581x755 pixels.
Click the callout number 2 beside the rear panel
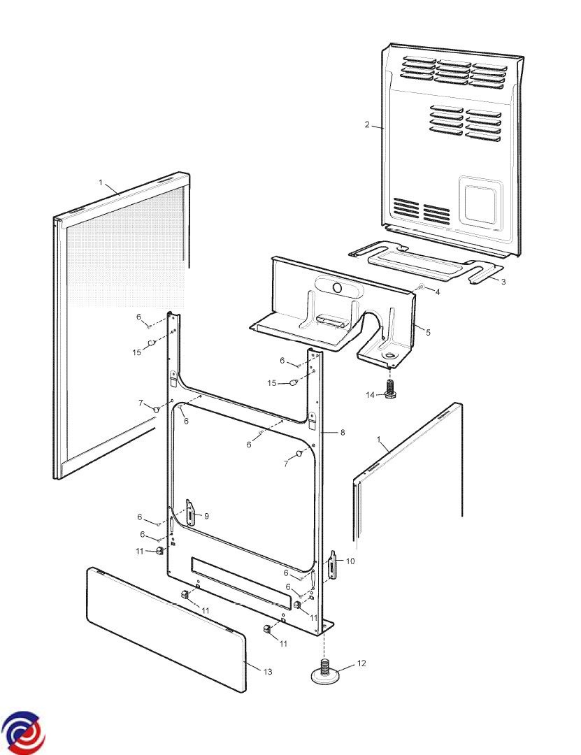[366, 124]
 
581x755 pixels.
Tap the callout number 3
[503, 282]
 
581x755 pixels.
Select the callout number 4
[438, 292]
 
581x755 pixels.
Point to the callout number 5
[428, 333]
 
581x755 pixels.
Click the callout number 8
[343, 433]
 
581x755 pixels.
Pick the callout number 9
[206, 516]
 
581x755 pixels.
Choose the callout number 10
[350, 561]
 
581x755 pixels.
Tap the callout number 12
[361, 663]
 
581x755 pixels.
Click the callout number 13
[267, 672]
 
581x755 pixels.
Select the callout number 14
[370, 395]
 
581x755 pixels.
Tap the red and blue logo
[22, 733]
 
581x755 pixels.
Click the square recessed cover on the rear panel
[480, 202]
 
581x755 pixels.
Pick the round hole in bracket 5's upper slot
[338, 288]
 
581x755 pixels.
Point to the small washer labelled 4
[421, 287]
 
